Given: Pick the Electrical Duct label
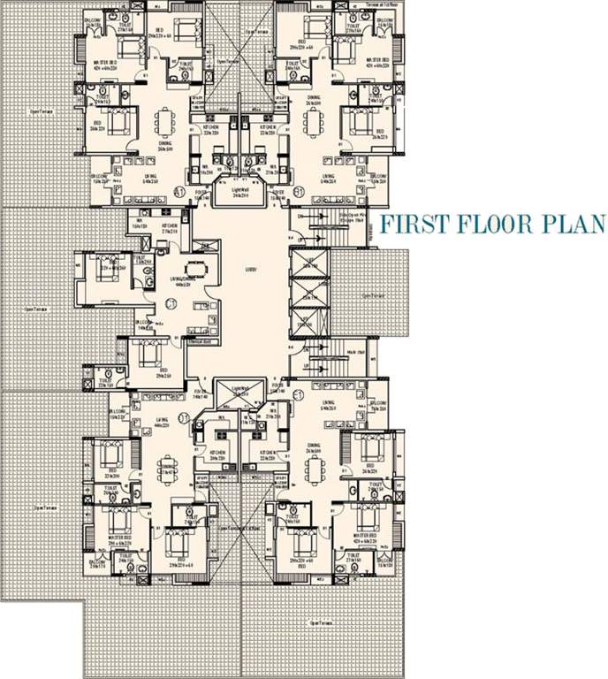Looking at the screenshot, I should (202, 340).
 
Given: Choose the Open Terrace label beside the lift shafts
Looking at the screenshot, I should (371, 296).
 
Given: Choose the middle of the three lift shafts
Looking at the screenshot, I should (307, 291).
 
